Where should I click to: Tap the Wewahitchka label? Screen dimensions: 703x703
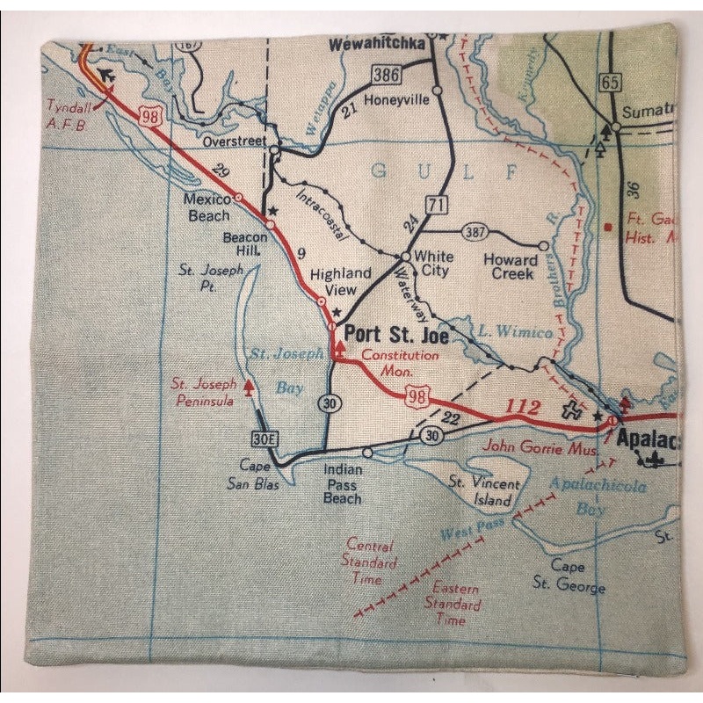coord(377,42)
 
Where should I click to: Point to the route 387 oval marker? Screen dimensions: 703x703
coord(474,231)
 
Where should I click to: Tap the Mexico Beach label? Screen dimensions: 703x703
coord(207,207)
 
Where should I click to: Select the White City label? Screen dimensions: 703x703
coord(433,263)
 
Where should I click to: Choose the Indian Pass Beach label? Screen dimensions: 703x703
coord(342,484)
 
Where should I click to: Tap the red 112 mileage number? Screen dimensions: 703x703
coord(524,408)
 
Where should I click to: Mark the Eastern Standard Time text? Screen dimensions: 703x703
coord(453,604)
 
